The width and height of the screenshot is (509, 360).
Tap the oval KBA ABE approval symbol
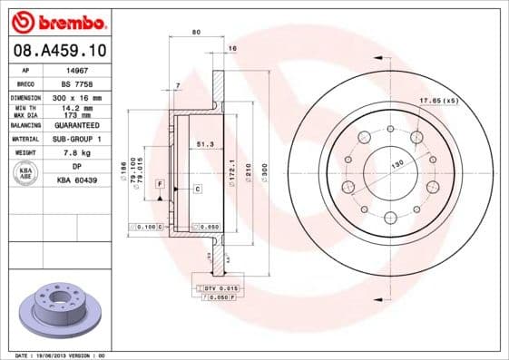click(25, 174)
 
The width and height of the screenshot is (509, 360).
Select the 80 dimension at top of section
click(196, 33)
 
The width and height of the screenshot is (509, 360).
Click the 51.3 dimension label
click(205, 143)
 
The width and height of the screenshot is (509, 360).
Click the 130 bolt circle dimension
click(396, 165)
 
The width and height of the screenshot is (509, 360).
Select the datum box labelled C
click(197, 188)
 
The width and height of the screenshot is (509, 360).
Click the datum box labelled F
click(159, 184)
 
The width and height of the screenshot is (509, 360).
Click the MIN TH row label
click(24, 108)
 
